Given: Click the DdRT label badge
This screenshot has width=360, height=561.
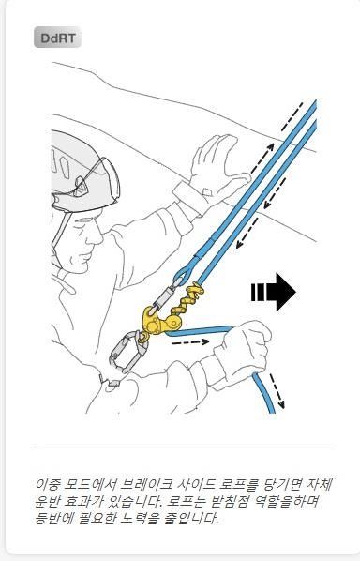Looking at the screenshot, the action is point(57,38).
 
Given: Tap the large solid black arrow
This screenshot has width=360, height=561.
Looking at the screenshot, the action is point(274,292).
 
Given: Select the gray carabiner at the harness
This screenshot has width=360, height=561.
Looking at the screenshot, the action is point(127,352).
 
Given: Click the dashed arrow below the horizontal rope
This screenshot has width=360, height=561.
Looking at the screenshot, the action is point(191,342).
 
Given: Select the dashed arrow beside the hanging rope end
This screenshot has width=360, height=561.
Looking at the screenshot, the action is point(277,391).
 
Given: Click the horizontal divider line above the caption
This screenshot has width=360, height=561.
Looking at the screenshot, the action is point(184,447).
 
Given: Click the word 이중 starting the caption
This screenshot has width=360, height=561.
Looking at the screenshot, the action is point(47,485).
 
